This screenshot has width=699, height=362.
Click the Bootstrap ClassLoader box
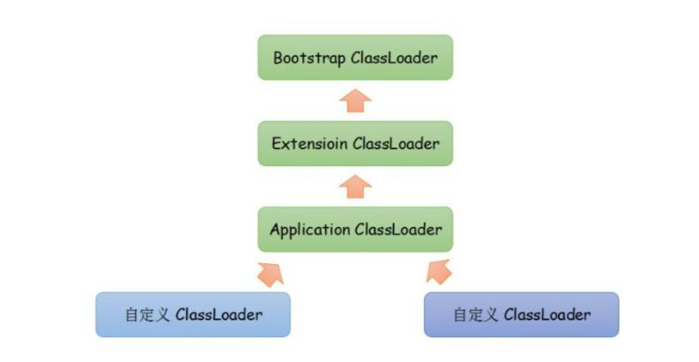pyautogui.click(x=355, y=58)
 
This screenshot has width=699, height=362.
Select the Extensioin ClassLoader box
pyautogui.click(x=355, y=144)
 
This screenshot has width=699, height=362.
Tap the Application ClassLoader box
pyautogui.click(x=355, y=229)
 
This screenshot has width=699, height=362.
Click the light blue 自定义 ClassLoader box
pyautogui.click(x=193, y=314)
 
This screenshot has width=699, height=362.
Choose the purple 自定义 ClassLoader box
pyautogui.click(x=521, y=314)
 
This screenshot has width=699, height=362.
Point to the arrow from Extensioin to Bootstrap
pyautogui.click(x=355, y=101)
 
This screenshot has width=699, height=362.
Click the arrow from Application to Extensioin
pyautogui.click(x=355, y=186)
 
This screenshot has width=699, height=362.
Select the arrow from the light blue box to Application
pyautogui.click(x=269, y=272)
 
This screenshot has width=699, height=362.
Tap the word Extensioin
pyautogui.click(x=310, y=144)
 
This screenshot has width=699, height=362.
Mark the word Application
pyautogui.click(x=310, y=230)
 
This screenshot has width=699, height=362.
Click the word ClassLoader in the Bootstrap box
pyautogui.click(x=395, y=58)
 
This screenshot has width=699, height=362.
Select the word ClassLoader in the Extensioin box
pyautogui.click(x=396, y=144)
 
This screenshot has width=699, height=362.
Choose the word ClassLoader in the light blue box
pyautogui.click(x=219, y=314)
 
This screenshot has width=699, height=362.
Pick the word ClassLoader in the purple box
pyautogui.click(x=547, y=314)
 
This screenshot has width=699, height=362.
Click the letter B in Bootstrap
pyautogui.click(x=278, y=58)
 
